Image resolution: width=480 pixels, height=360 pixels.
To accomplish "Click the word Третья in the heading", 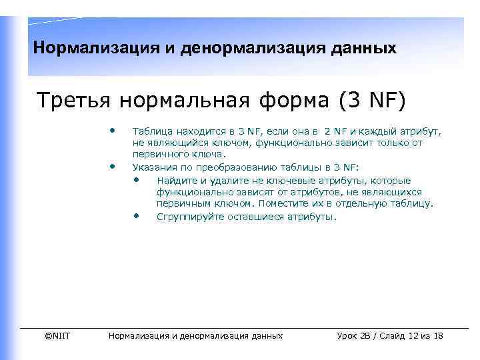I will click(x=75, y=101).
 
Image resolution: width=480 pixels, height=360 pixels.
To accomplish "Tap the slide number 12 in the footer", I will click(x=415, y=335).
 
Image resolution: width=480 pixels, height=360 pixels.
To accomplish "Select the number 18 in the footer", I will click(x=437, y=335).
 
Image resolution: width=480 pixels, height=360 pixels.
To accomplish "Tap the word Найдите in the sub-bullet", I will click(x=175, y=181).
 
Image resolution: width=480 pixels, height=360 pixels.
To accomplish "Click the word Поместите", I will click(x=283, y=203).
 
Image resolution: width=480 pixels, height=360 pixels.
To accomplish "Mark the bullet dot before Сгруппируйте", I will click(x=137, y=215).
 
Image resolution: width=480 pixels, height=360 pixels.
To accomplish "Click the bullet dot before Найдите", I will click(x=137, y=179).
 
